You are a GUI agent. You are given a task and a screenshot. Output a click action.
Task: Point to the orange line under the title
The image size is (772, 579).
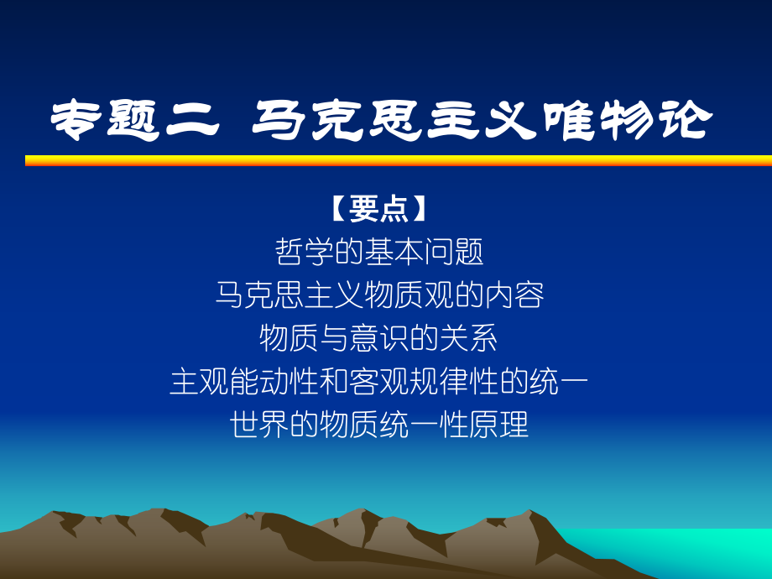[398, 160]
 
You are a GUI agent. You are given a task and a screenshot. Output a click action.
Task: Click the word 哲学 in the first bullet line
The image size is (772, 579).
[300, 253]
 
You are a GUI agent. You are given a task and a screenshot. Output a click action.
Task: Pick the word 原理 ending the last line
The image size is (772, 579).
[504, 425]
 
